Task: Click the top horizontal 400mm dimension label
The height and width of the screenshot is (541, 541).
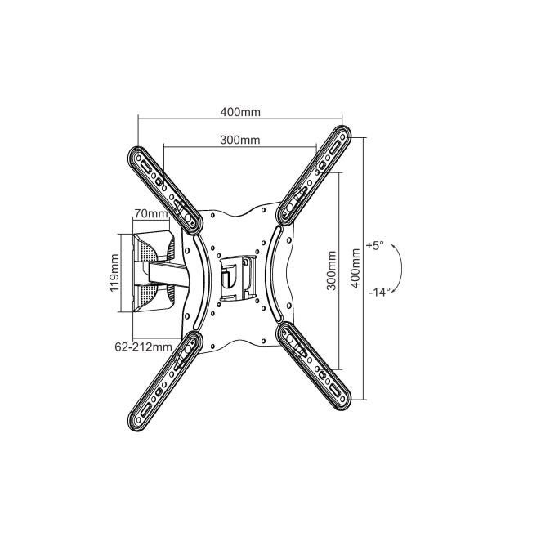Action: [x=240, y=112]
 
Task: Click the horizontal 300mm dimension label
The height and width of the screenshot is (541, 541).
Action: [x=240, y=140]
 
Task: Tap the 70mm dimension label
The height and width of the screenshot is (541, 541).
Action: [x=151, y=214]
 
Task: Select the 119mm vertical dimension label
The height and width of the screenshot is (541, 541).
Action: [x=114, y=273]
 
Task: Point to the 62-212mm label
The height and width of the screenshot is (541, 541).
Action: [x=143, y=347]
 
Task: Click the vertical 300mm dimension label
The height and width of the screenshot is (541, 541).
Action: [x=331, y=270]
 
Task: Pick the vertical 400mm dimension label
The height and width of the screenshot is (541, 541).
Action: [x=355, y=268]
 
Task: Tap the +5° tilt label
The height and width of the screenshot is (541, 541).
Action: [x=375, y=246]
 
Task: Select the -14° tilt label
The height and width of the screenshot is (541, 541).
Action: [x=379, y=293]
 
